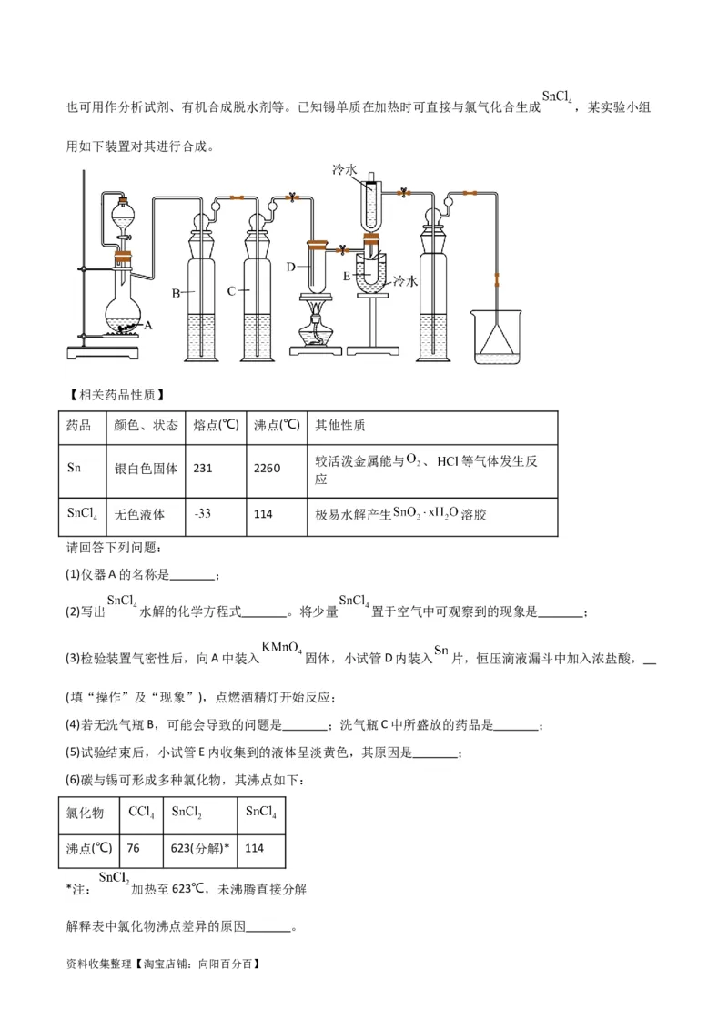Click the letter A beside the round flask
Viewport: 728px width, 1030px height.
click(148, 324)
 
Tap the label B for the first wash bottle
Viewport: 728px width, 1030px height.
click(177, 293)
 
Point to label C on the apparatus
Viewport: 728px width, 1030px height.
click(231, 291)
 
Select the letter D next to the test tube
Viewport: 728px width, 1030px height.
click(290, 267)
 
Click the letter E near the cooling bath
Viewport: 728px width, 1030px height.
click(347, 275)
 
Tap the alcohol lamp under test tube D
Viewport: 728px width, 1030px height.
click(316, 329)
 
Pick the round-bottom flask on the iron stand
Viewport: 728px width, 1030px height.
click(121, 309)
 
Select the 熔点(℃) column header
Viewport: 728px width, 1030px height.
click(216, 425)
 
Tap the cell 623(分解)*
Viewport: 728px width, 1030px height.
click(200, 848)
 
